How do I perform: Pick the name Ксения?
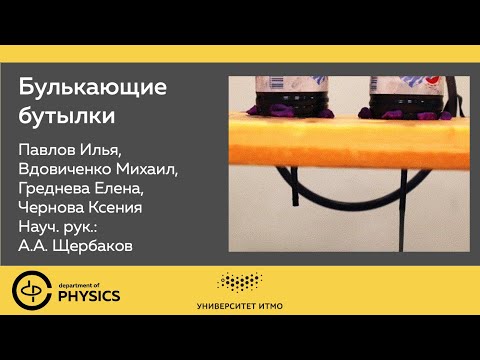[126, 207]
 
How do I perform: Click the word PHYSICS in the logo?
[87, 296]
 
